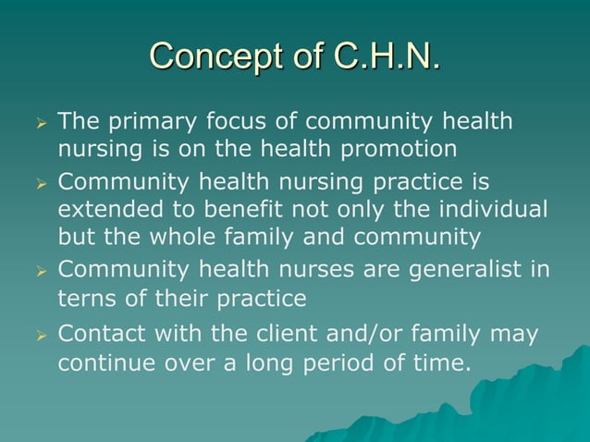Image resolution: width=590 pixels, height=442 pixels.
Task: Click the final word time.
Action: point(438,362)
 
